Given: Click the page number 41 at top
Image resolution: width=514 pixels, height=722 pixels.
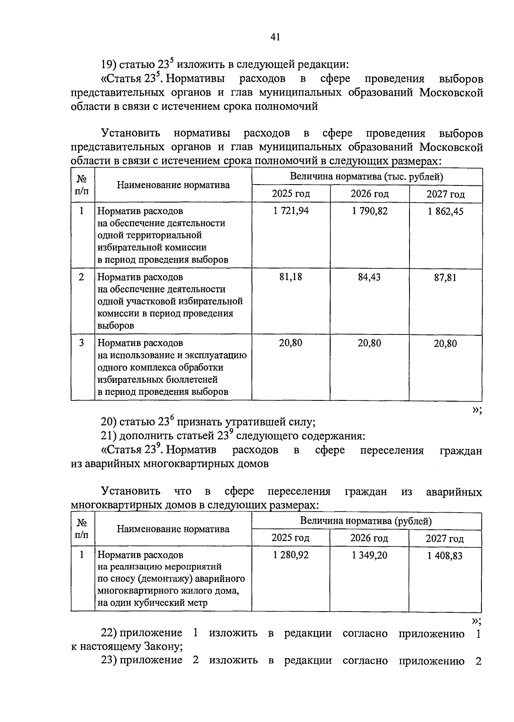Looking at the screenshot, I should coord(275,37).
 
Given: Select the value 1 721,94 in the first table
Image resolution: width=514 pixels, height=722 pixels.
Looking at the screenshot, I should coord(291,211).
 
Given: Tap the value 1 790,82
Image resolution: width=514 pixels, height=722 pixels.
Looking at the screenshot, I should coord(370,211).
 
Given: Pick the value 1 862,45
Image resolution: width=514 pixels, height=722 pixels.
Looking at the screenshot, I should coord(445,211).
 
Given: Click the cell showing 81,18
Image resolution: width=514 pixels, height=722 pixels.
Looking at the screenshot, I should coord(291,277).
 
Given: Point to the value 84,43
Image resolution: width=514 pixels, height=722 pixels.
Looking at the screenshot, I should coord(370,277).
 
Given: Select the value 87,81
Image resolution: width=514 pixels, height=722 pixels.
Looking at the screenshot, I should coord(445,277).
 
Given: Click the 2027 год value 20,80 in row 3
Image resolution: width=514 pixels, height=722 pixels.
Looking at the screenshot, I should coord(445,343).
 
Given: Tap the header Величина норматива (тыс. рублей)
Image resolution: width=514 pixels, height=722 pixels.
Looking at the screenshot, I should coord(367,176).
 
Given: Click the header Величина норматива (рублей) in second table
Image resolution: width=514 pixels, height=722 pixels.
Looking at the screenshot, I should coord(366,521).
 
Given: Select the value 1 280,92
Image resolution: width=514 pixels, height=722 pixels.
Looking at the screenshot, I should coord(291,555).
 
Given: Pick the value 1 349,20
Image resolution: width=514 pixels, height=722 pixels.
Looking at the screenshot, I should coord(370,555).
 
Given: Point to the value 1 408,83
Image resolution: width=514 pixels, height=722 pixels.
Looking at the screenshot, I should coord(445,556).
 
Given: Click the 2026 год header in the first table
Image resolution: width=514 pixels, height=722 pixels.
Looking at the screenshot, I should coord(370,194).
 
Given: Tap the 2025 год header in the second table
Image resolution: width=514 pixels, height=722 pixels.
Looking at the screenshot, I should coord(290,538).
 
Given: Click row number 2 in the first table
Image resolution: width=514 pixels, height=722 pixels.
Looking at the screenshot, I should coord(81,277).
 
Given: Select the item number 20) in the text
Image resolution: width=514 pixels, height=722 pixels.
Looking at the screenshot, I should coord(109,422).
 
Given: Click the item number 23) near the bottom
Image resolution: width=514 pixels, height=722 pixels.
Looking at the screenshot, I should coord(109,660).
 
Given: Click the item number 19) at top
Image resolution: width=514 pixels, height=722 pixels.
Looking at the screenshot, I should coord(109,65).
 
